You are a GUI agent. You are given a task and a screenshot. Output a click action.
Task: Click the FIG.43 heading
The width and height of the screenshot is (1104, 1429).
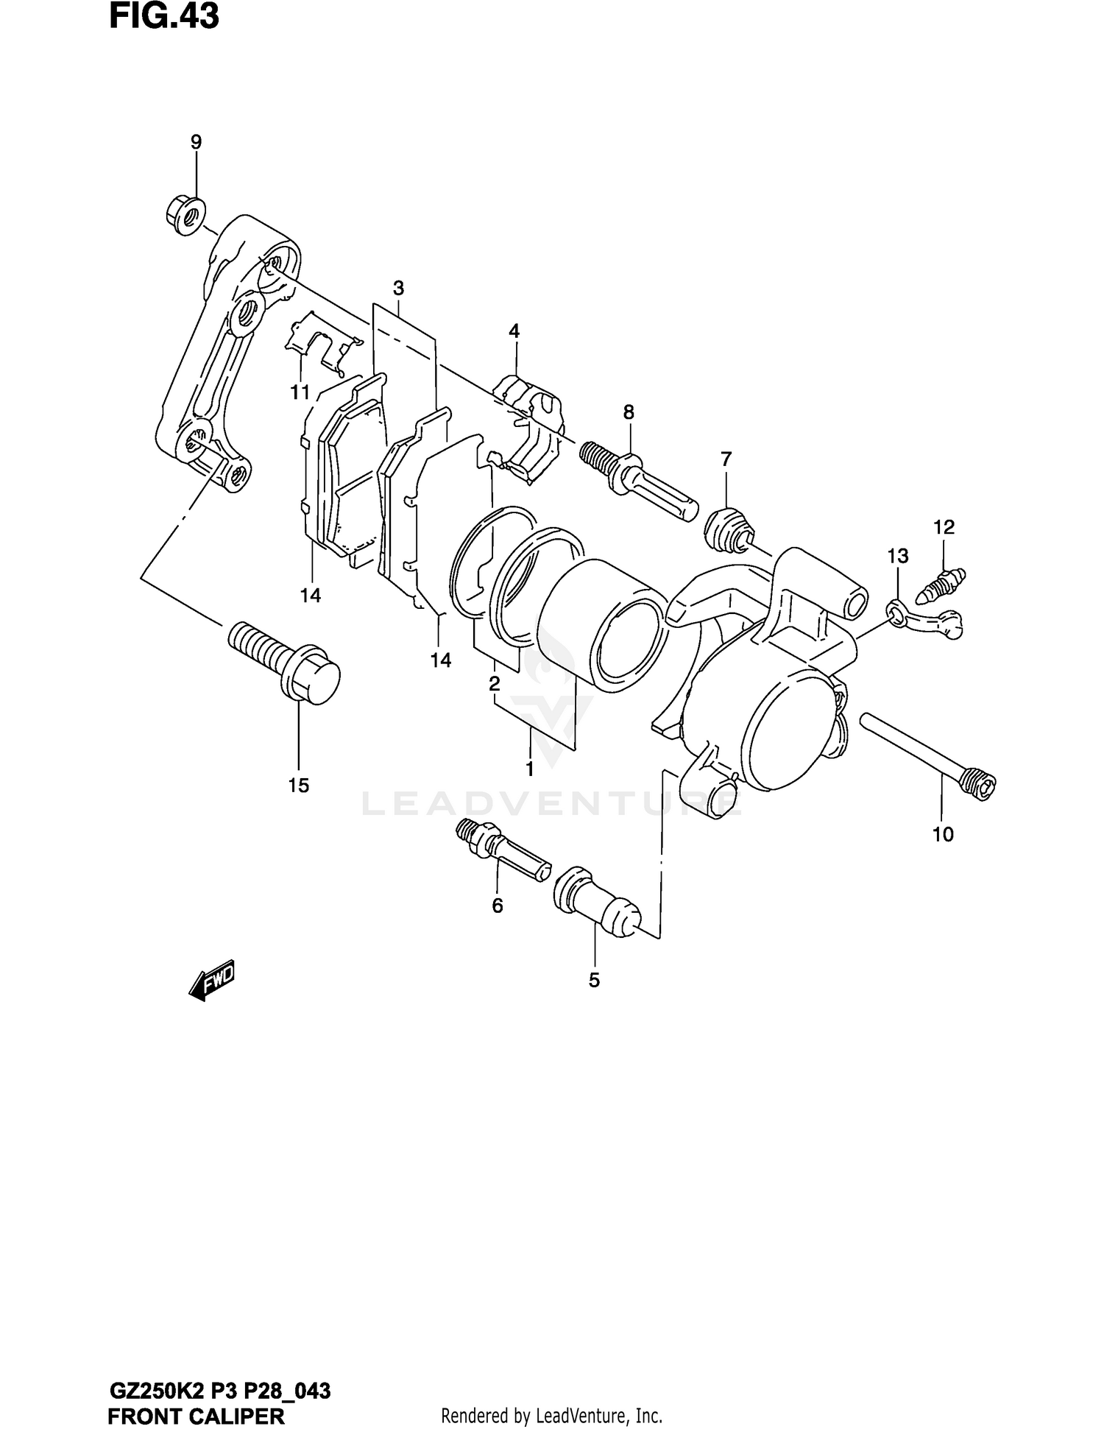[x=163, y=18]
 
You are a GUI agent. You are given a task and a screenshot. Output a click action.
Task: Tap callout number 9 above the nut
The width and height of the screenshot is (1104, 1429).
[x=196, y=141]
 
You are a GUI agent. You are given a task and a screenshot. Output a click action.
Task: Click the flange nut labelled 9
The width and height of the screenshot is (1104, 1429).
[x=183, y=214]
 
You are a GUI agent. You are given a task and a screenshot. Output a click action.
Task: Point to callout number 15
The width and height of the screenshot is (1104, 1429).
[x=298, y=786]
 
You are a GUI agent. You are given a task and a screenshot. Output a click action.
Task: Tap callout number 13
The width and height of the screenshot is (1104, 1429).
[x=898, y=556]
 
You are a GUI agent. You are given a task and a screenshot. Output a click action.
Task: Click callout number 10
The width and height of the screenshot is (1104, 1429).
[x=943, y=834]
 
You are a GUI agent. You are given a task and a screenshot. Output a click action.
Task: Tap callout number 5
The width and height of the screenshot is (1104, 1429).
[x=594, y=980]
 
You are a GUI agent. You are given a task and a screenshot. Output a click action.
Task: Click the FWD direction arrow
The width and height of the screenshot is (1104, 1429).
[x=212, y=981]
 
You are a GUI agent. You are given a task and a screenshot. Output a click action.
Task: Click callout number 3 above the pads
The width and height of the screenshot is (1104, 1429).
[x=398, y=287]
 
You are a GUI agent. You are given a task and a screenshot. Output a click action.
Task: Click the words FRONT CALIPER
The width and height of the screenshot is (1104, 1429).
[x=196, y=1415]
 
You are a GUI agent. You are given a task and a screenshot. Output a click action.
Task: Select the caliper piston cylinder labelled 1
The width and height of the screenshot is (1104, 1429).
[x=600, y=626]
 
